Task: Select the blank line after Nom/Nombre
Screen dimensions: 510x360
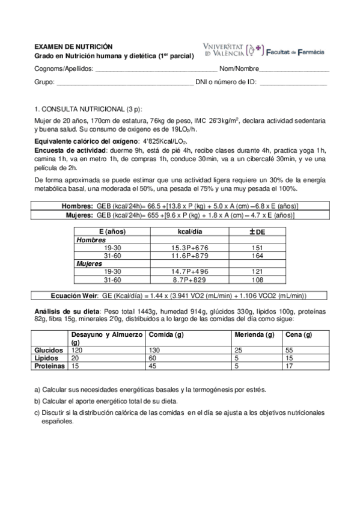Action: pyautogui.click(x=294, y=69)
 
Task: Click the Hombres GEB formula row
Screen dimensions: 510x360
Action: pyautogui.click(x=179, y=206)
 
